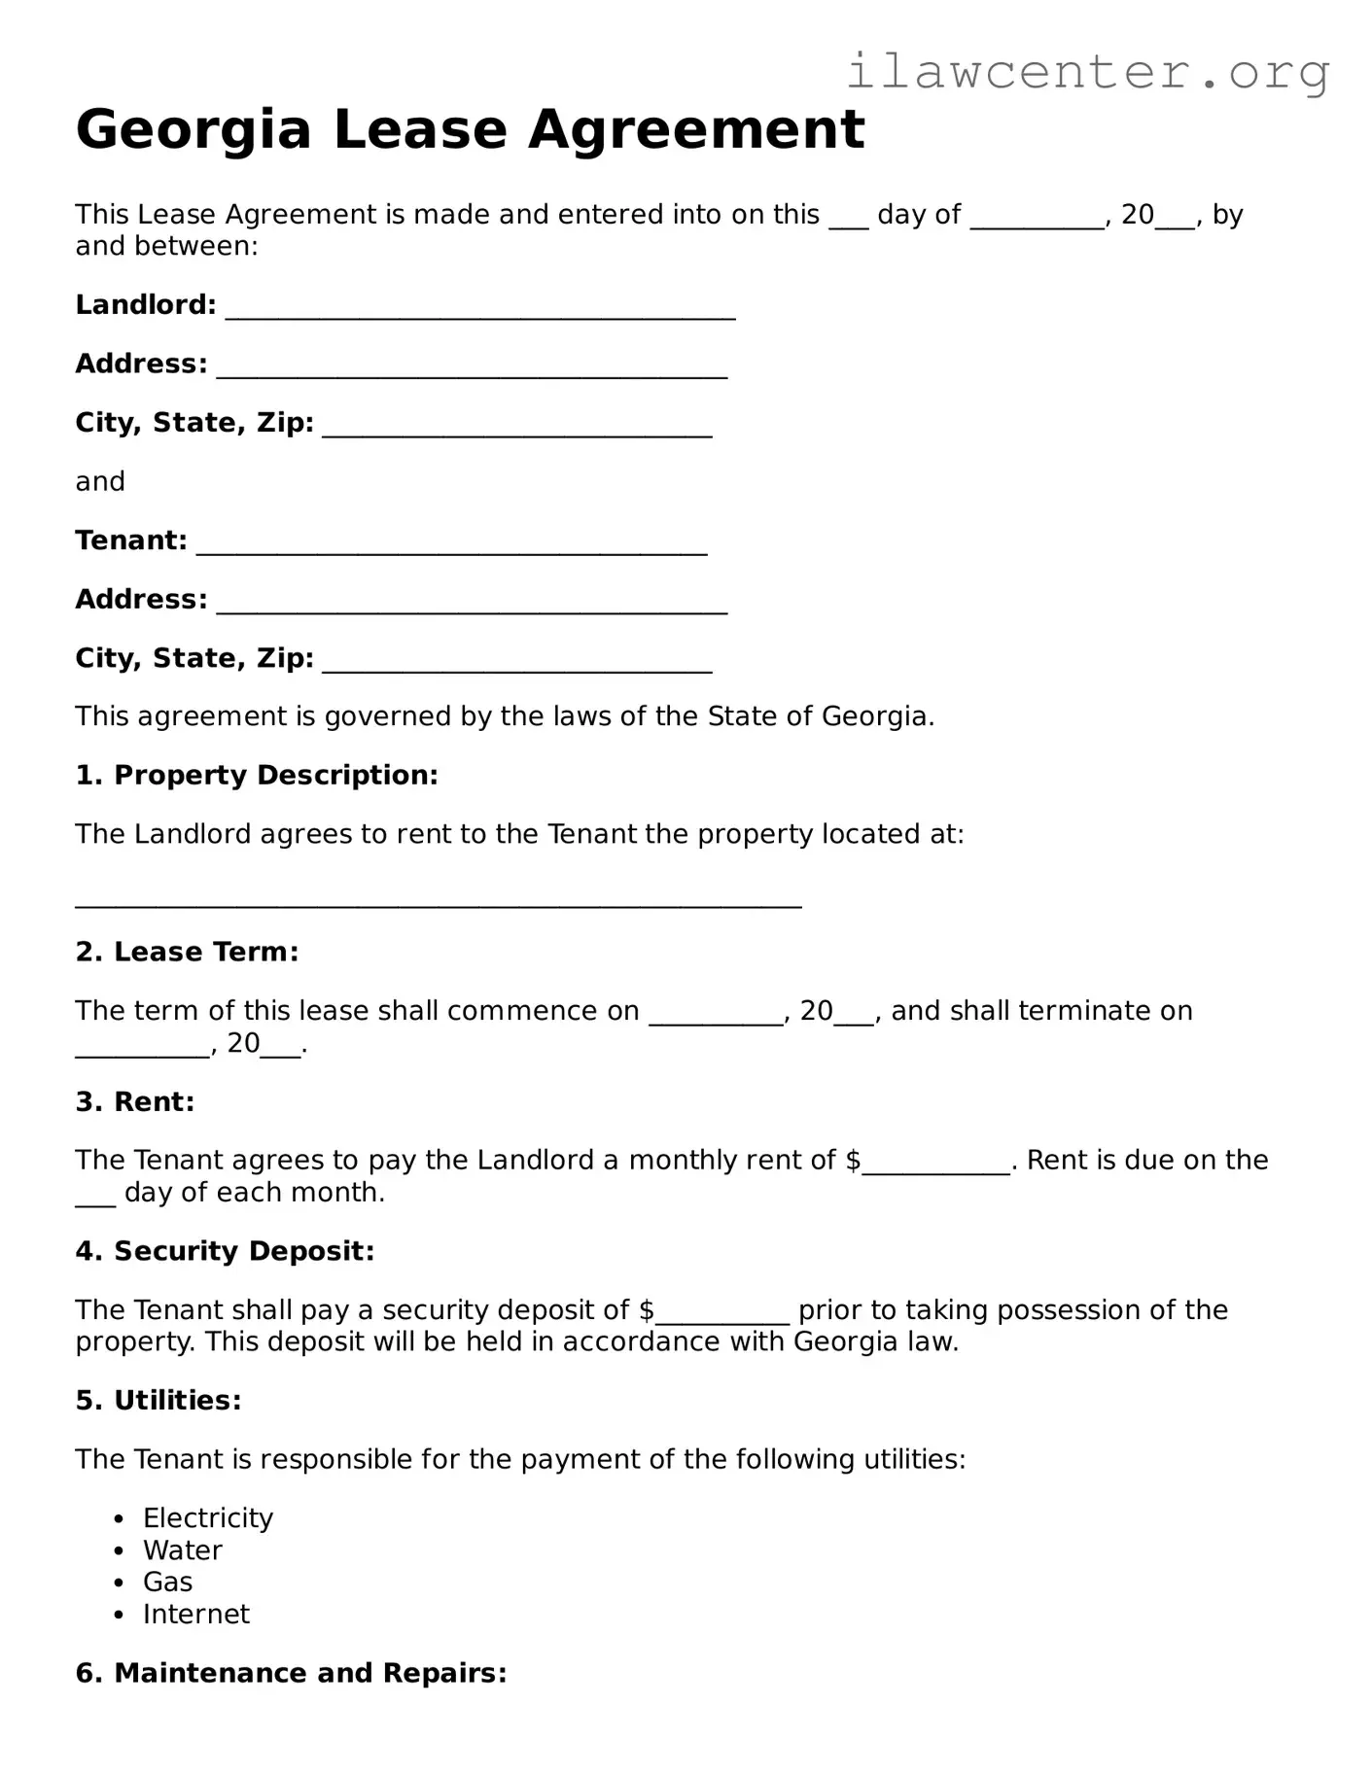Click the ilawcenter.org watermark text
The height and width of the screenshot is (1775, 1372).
point(1087,72)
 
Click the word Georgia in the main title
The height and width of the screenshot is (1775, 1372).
point(193,129)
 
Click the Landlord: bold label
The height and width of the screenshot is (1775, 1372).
point(146,305)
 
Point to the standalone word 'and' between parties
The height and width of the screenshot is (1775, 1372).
point(100,482)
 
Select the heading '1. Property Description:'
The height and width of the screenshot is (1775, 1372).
point(257,776)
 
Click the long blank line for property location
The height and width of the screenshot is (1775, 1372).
point(438,902)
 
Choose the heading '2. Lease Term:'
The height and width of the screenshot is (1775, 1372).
point(187,953)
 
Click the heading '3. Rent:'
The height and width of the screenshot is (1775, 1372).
point(135,1102)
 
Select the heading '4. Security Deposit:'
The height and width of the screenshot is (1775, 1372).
point(225,1252)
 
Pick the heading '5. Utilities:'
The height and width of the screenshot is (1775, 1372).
point(158,1401)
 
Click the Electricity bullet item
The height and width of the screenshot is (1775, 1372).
point(208,1518)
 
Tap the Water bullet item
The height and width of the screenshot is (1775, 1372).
point(183,1550)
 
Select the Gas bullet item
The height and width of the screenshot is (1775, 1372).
point(167,1583)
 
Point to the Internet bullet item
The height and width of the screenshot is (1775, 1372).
point(196,1615)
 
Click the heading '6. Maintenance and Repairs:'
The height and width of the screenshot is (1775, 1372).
point(291,1674)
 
